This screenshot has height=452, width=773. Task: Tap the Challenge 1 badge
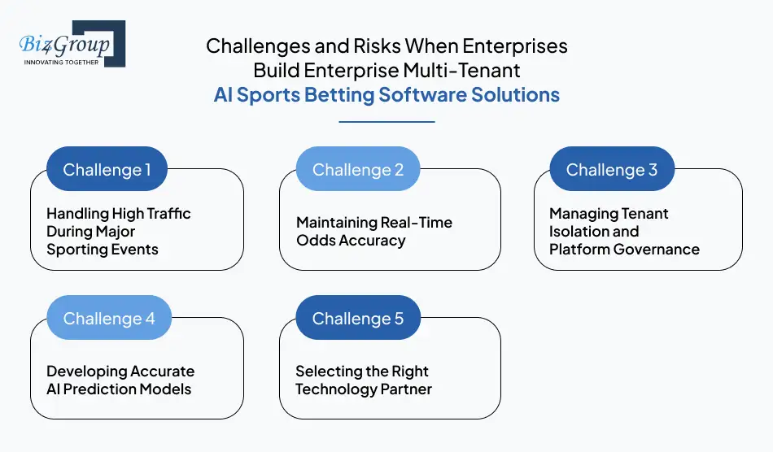pos(107,169)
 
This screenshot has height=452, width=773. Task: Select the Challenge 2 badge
pos(358,169)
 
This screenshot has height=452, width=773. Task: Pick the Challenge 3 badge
pos(612,169)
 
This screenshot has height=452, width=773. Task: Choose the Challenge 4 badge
pos(109,318)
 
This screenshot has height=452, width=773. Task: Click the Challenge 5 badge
pos(358,318)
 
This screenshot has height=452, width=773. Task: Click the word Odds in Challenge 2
pos(314,241)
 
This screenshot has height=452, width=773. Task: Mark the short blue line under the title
pos(386,122)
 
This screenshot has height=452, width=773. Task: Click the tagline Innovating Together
pos(61,62)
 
